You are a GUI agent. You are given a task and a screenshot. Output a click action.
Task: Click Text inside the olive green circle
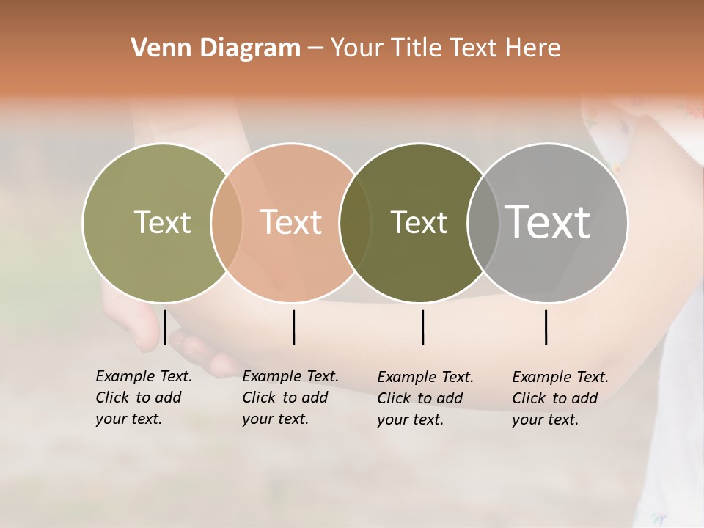162,222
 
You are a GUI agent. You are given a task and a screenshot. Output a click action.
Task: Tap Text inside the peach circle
290,222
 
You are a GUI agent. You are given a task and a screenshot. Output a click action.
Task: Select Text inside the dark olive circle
419,222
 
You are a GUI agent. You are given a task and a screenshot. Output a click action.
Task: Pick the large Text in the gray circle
548,222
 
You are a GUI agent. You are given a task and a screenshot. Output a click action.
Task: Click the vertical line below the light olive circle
165,327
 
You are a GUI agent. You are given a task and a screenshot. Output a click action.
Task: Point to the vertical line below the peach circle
293,327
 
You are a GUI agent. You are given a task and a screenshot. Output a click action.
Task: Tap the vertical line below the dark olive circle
422,327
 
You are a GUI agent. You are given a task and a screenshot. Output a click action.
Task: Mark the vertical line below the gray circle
546,327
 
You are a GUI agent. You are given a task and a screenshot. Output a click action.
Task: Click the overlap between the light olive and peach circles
227,222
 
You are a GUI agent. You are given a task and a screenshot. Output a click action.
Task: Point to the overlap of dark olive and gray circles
480,222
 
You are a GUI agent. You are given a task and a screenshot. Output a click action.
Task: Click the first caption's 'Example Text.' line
144,376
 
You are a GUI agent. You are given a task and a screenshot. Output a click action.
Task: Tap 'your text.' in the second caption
275,419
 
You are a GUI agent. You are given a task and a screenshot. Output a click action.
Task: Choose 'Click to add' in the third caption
420,398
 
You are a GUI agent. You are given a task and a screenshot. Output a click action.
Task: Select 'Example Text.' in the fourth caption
560,377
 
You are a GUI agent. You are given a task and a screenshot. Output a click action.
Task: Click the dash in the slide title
315,49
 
